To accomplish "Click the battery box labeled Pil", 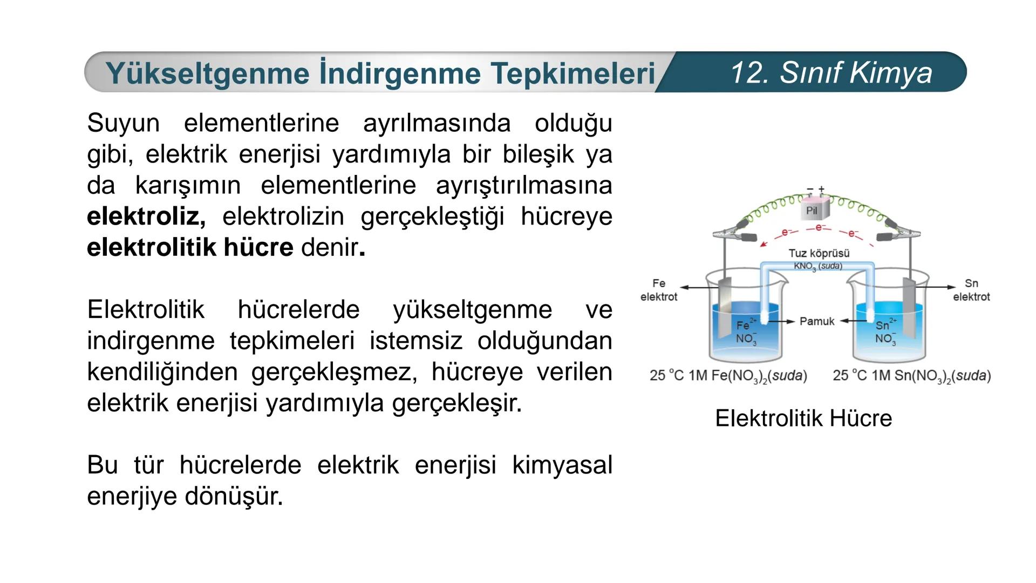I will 812,211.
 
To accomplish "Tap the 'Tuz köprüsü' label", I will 819,253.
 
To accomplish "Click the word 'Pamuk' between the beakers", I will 817,321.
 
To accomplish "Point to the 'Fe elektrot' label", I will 659,290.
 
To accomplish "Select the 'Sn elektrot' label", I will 971,290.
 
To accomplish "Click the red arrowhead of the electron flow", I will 764,244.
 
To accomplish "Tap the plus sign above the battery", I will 821,189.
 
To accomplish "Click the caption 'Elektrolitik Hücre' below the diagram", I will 803,418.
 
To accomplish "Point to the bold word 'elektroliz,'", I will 146,216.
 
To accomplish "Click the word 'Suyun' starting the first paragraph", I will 123,123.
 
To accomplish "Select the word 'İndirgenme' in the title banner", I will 400,73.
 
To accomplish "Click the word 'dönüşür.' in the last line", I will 234,496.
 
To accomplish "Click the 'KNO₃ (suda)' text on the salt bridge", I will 817,266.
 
